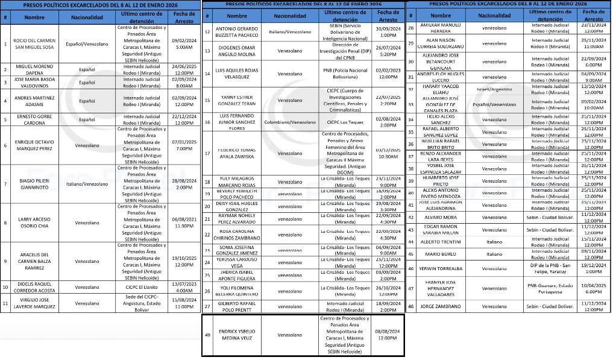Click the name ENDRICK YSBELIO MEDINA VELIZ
(237, 335)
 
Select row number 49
(207, 335)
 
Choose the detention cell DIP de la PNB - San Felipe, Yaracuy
(551, 268)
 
